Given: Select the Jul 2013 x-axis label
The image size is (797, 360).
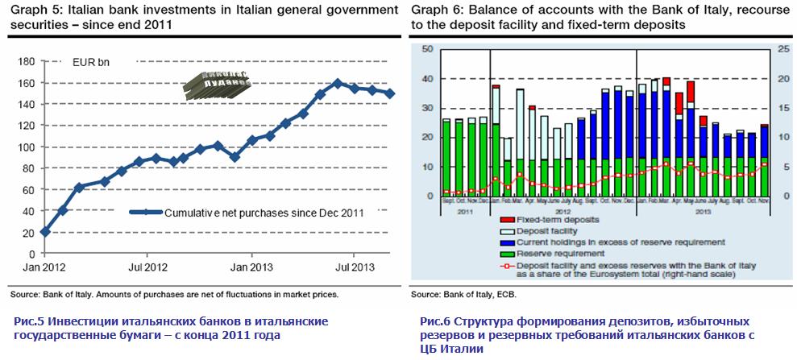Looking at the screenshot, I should point(354,265).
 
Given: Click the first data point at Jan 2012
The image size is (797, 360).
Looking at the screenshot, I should point(44,232).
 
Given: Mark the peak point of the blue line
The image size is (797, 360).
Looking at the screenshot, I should point(338,83).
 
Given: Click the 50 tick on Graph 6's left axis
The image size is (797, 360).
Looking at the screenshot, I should point(427,49).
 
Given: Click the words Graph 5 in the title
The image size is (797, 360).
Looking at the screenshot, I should point(35,10).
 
